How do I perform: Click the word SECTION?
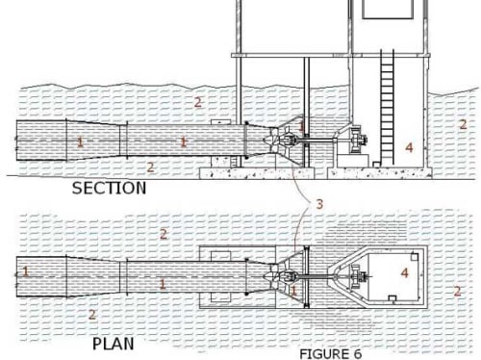tap(109, 188)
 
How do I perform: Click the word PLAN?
tap(114, 344)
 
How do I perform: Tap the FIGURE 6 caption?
tap(331, 354)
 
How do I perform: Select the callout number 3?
tap(319, 204)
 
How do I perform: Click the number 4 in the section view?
tap(409, 147)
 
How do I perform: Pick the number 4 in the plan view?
tap(405, 272)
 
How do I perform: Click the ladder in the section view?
tap(387, 108)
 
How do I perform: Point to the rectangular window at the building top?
tap(388, 9)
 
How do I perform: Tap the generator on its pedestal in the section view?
tap(358, 141)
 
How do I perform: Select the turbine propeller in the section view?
tap(273, 140)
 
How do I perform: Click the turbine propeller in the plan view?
tap(273, 276)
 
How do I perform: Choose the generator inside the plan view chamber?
tap(358, 276)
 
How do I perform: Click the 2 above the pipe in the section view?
tap(198, 102)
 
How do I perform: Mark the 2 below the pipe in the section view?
tap(150, 167)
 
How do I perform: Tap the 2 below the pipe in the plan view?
tap(92, 315)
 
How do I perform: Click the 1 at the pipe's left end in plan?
tap(25, 271)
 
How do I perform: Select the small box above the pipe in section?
tap(220, 122)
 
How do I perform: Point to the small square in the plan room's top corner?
tap(415, 256)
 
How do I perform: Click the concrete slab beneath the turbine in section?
tap(257, 173)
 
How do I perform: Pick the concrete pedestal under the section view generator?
tap(353, 160)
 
